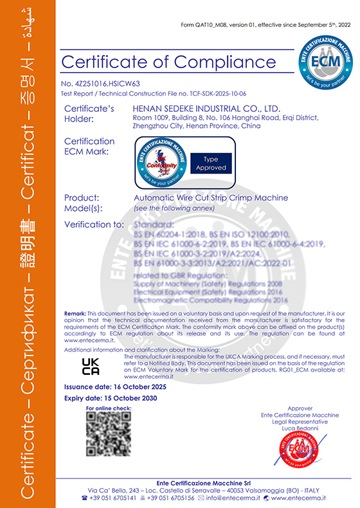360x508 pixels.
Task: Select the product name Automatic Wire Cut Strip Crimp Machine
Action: [210, 197]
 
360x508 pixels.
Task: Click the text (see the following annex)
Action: [170, 209]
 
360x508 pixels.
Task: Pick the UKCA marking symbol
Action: [91, 367]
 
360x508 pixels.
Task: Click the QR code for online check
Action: [109, 435]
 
